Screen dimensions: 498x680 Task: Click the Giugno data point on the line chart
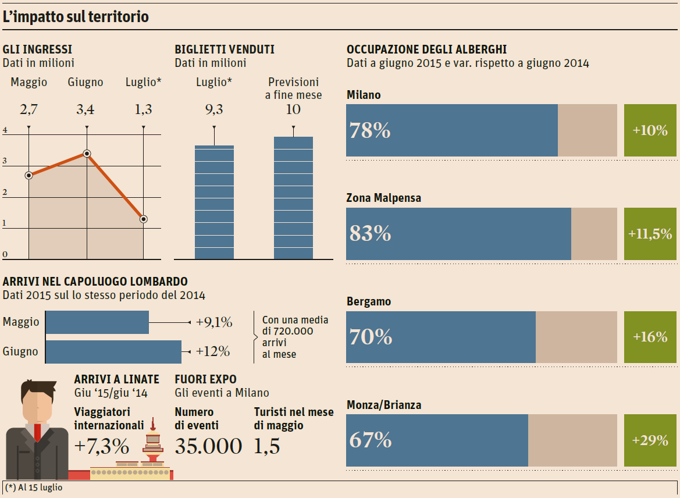coord(87,154)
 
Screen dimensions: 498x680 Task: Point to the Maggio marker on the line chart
coord(29,175)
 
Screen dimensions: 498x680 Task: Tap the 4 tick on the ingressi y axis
coord(5,130)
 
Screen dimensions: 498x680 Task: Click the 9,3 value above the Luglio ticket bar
coord(213,109)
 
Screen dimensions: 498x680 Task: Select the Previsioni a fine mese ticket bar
coord(293,198)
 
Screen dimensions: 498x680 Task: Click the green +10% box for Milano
coord(650,130)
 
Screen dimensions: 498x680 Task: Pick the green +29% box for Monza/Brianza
coord(650,440)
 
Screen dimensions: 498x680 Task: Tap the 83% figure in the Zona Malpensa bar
coord(370,234)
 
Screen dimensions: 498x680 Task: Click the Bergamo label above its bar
coord(369,302)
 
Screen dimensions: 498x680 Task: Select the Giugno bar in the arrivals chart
coord(113,351)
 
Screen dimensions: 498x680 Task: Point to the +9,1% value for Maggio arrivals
coord(214,322)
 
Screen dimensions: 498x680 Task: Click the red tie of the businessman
coord(38,432)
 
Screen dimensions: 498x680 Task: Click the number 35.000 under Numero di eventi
coord(208,446)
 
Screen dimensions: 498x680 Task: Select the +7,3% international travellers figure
coord(102,446)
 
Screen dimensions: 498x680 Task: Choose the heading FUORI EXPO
coord(205,379)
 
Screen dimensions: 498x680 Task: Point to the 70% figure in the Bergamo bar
coord(371,337)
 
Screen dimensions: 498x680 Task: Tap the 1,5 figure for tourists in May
coord(267,446)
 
